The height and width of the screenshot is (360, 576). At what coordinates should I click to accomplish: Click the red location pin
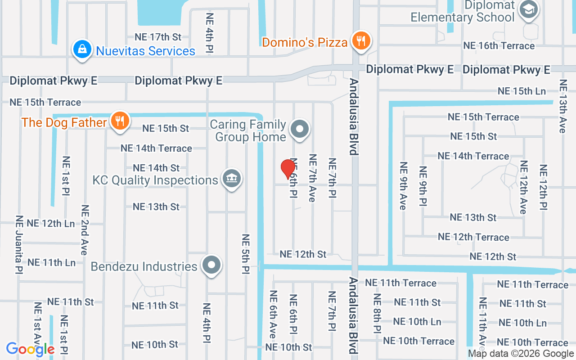pos(288,170)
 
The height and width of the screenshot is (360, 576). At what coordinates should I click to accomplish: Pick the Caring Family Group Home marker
pos(300,130)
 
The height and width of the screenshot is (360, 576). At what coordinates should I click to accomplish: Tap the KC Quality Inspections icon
pos(232,179)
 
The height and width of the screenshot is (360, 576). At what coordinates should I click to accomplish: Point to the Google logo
pos(30,349)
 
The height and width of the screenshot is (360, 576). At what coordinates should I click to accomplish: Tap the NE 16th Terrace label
pos(499,45)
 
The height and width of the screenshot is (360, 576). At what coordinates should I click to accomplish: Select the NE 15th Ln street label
pos(522,91)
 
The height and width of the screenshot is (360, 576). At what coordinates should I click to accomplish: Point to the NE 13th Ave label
pos(562,106)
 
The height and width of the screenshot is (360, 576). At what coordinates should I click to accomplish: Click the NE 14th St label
pos(156,168)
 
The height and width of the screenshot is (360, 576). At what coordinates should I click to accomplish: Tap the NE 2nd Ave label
pos(85,230)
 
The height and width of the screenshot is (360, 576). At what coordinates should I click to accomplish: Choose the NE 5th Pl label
pos(246,254)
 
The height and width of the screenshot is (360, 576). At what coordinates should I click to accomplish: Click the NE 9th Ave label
pos(403,185)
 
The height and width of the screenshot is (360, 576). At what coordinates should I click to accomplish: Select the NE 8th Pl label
pos(377,313)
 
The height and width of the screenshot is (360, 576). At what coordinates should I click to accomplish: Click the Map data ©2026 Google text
pos(521,354)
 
